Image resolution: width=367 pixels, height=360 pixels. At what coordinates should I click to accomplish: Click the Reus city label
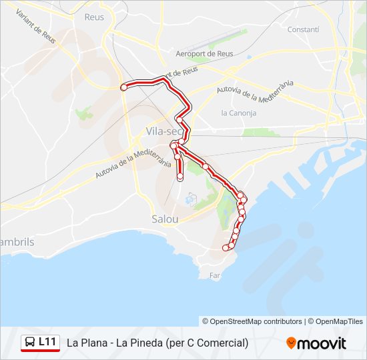[x=94, y=17]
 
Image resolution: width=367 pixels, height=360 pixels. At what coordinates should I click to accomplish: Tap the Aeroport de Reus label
[x=204, y=53]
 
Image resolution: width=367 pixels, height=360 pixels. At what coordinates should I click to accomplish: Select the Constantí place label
[x=303, y=29]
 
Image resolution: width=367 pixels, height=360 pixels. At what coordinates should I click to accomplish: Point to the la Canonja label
[x=238, y=113]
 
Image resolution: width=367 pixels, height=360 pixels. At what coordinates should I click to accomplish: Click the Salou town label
[x=165, y=219]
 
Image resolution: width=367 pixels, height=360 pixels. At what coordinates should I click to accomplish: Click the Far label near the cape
[x=214, y=275]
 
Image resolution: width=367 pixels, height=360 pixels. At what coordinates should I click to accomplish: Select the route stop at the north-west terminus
[x=123, y=87]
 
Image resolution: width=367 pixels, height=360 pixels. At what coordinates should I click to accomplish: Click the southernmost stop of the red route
[x=226, y=248]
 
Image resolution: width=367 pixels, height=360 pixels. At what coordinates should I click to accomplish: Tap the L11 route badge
[x=47, y=342]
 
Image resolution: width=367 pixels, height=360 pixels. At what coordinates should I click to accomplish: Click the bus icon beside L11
[x=30, y=343]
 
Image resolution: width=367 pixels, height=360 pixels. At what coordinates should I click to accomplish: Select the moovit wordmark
[x=322, y=343]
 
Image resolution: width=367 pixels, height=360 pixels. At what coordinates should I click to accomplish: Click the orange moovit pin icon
[x=291, y=343]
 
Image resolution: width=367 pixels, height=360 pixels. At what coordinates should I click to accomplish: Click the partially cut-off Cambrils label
[x=16, y=242]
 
